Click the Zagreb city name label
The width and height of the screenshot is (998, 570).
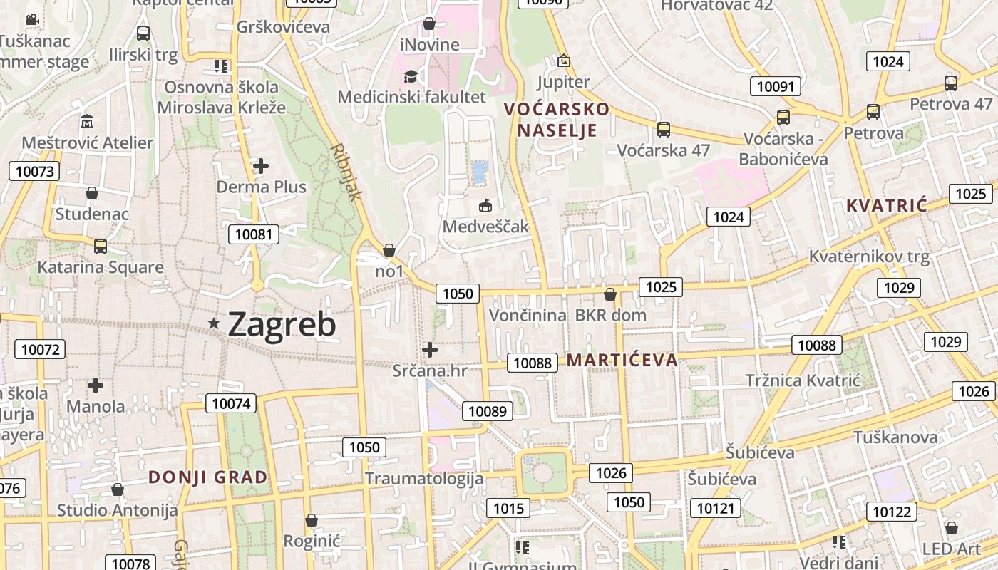coord(282,325)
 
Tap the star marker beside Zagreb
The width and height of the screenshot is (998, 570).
coord(214,323)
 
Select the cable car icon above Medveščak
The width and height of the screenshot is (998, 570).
coord(485,206)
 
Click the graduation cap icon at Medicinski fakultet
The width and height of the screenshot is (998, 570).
coord(411,76)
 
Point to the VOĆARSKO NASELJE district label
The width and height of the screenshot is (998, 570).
coord(557,120)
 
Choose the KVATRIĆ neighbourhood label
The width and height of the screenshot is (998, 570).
coord(887,206)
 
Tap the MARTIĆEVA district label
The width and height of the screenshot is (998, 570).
coord(622,360)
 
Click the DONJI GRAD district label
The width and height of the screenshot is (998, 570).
coord(208,477)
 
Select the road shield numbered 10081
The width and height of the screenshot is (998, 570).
coord(253,234)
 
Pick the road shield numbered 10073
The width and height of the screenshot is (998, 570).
coord(34,171)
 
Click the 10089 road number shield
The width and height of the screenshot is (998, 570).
coord(488,411)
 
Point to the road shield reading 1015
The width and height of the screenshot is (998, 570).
coord(508,508)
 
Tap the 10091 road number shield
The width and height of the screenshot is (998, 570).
coord(775,87)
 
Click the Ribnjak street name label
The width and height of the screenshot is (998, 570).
coord(347,172)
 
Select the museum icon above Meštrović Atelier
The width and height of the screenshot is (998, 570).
coord(87,121)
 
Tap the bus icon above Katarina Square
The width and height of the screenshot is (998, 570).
coord(101,247)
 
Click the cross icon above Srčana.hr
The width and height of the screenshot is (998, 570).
coord(430,350)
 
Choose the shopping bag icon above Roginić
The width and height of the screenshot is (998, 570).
coord(312,521)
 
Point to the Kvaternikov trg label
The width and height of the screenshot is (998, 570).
coord(870,256)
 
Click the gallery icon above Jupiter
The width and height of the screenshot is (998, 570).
coord(564,61)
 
